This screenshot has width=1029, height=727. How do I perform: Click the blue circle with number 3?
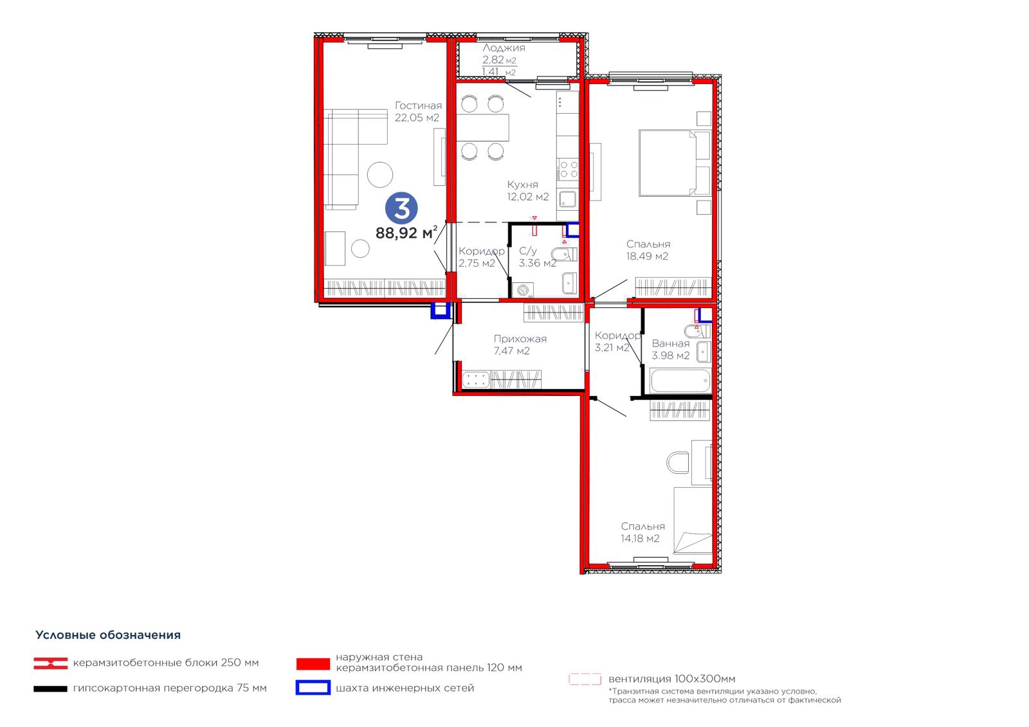pos(401,208)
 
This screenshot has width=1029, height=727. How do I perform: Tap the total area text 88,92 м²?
pos(406,233)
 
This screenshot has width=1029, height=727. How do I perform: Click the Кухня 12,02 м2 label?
pos(528,191)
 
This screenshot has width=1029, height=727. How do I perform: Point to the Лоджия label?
pos(504,48)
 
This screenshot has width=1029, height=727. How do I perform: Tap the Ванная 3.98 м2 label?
pos(671,350)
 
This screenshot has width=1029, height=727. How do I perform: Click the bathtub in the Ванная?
pos(680,381)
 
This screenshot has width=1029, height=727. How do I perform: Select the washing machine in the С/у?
pos(523,290)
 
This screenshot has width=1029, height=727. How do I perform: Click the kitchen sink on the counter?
pos(568,200)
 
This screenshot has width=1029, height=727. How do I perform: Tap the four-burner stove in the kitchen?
pos(569,168)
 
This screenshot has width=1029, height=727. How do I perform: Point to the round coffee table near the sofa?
pos(380,174)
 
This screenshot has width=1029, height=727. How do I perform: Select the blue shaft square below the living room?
pos(440,310)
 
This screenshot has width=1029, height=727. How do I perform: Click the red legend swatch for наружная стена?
pos(313,663)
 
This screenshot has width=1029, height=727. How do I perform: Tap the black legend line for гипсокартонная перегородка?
pos(51,689)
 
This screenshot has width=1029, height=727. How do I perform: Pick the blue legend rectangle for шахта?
pos(313,688)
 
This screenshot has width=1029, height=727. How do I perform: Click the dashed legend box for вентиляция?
pos(585,679)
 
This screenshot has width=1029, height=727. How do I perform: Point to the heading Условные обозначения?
pos(108,635)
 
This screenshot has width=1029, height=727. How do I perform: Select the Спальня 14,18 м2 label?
pos(642,532)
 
